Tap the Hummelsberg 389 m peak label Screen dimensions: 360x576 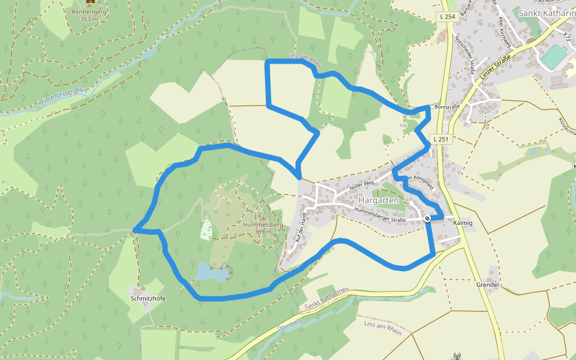point(263,227)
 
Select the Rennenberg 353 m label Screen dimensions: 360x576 point(89,15)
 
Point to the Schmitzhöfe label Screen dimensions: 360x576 point(148,298)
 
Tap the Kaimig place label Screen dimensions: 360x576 point(463,223)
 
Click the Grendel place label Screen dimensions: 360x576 point(487,284)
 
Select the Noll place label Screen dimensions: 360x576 point(487,84)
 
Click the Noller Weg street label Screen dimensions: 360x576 point(361,185)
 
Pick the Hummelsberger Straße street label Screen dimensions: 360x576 point(380,215)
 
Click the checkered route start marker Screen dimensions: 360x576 point(427,218)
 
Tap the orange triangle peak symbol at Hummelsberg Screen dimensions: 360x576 point(263,218)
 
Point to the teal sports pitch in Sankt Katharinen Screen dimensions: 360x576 point(552,57)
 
